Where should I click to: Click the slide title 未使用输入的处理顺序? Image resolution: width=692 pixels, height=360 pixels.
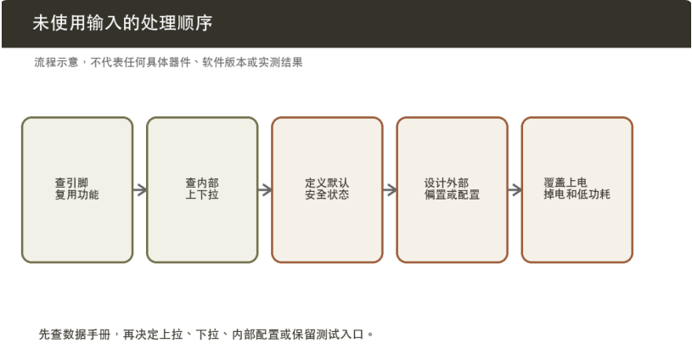[122, 23]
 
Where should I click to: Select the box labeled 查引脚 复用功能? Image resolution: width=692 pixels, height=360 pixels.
[77, 189]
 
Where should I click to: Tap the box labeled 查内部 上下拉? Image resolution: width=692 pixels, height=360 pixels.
[202, 189]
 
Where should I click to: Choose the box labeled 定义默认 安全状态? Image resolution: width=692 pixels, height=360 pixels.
[327, 189]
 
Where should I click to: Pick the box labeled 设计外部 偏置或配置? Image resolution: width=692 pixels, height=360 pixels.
[452, 189]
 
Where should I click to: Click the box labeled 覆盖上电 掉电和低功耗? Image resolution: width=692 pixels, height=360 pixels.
[577, 189]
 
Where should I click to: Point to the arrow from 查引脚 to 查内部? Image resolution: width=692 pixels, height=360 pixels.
[140, 190]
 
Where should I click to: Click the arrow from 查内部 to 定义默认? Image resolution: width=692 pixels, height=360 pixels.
[265, 190]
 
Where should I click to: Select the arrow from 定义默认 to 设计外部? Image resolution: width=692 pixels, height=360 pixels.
[390, 190]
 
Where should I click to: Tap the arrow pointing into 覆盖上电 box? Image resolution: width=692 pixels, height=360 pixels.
[515, 190]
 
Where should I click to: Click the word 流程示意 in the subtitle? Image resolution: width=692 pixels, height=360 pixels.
[57, 62]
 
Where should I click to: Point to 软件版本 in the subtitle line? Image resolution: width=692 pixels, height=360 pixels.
[224, 62]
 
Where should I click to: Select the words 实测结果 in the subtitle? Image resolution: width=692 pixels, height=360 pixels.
[280, 62]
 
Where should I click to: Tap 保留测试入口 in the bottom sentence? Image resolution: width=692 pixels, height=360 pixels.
[328, 335]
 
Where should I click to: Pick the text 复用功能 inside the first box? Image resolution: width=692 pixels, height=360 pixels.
[76, 194]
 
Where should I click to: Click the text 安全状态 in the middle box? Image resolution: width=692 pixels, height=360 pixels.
[327, 194]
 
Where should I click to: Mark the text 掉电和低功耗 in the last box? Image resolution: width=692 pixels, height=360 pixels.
[577, 194]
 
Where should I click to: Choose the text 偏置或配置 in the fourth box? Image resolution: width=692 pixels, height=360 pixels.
[452, 194]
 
